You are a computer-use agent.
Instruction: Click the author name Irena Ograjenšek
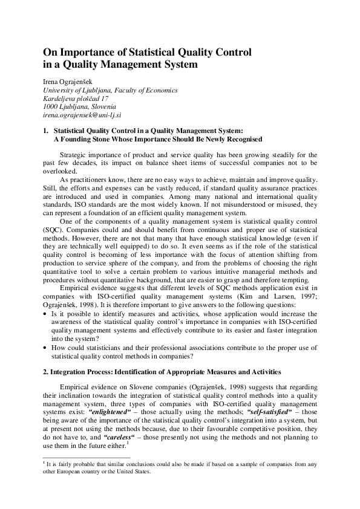click(x=65, y=82)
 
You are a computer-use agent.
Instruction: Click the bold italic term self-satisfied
click(x=245, y=409)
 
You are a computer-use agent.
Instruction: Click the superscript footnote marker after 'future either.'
click(x=129, y=441)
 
